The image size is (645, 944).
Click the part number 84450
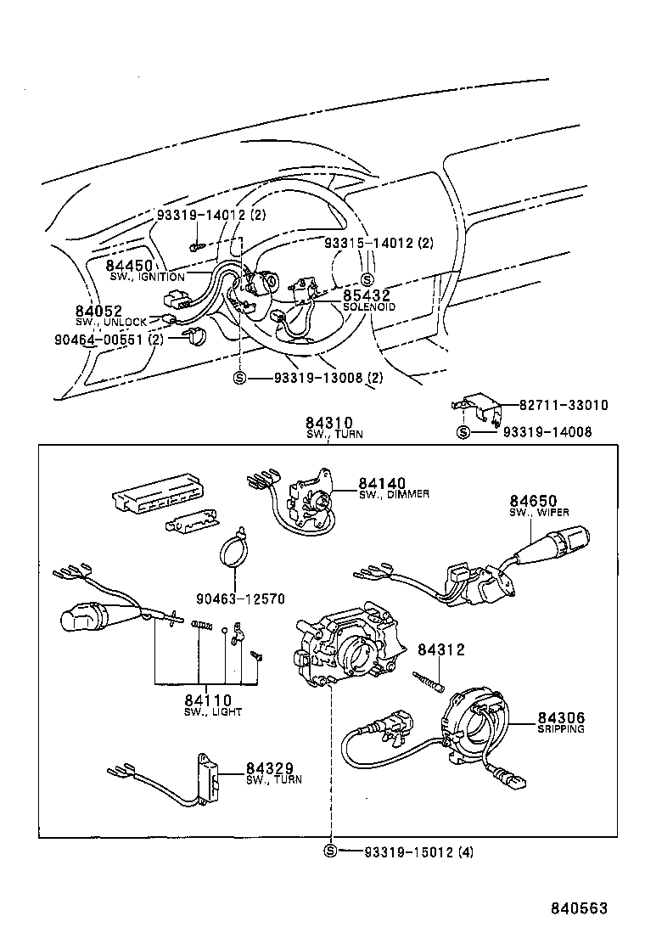pyautogui.click(x=132, y=266)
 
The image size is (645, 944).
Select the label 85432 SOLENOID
pyautogui.click(x=367, y=296)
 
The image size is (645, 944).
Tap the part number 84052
pyautogui.click(x=98, y=312)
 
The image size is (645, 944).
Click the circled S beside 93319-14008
pyautogui.click(x=463, y=432)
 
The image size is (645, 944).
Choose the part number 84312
pyautogui.click(x=440, y=649)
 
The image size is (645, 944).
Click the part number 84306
pyautogui.click(x=561, y=718)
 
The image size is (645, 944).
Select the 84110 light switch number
pyautogui.click(x=208, y=700)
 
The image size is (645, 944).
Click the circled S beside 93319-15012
pyautogui.click(x=331, y=851)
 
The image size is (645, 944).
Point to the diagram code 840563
pyautogui.click(x=575, y=908)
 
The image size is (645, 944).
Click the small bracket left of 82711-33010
pyautogui.click(x=481, y=406)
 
